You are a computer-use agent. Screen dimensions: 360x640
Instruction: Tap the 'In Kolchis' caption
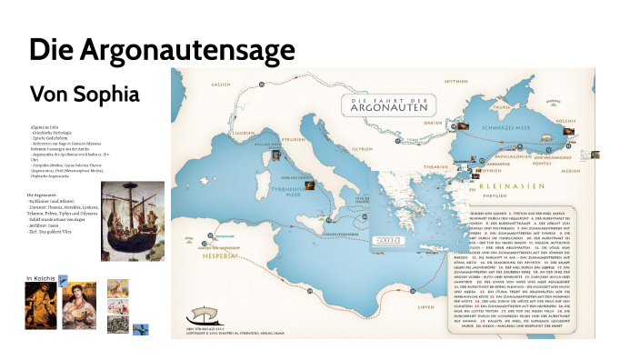point(41,275)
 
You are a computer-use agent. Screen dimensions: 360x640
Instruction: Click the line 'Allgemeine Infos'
point(45,126)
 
